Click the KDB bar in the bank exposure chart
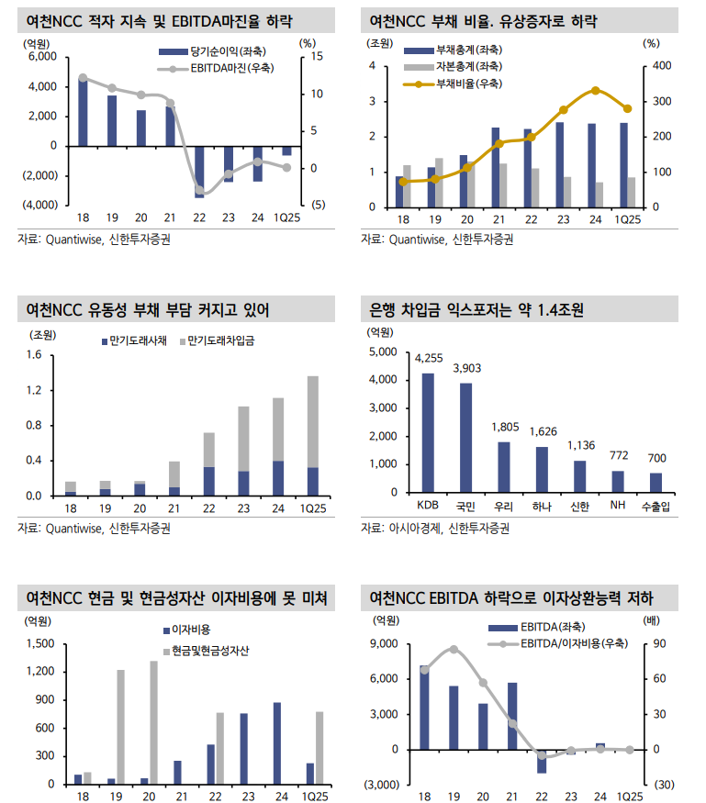click(x=428, y=433)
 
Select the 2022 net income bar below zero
click(x=199, y=171)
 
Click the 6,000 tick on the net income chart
click(x=42, y=57)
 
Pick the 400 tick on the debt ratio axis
click(x=651, y=66)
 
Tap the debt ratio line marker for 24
click(x=596, y=91)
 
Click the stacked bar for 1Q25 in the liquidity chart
click(x=313, y=435)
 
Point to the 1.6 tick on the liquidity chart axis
click(x=35, y=355)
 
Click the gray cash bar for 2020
click(x=153, y=722)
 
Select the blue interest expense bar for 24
click(x=276, y=743)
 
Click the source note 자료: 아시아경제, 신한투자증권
click(x=434, y=529)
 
